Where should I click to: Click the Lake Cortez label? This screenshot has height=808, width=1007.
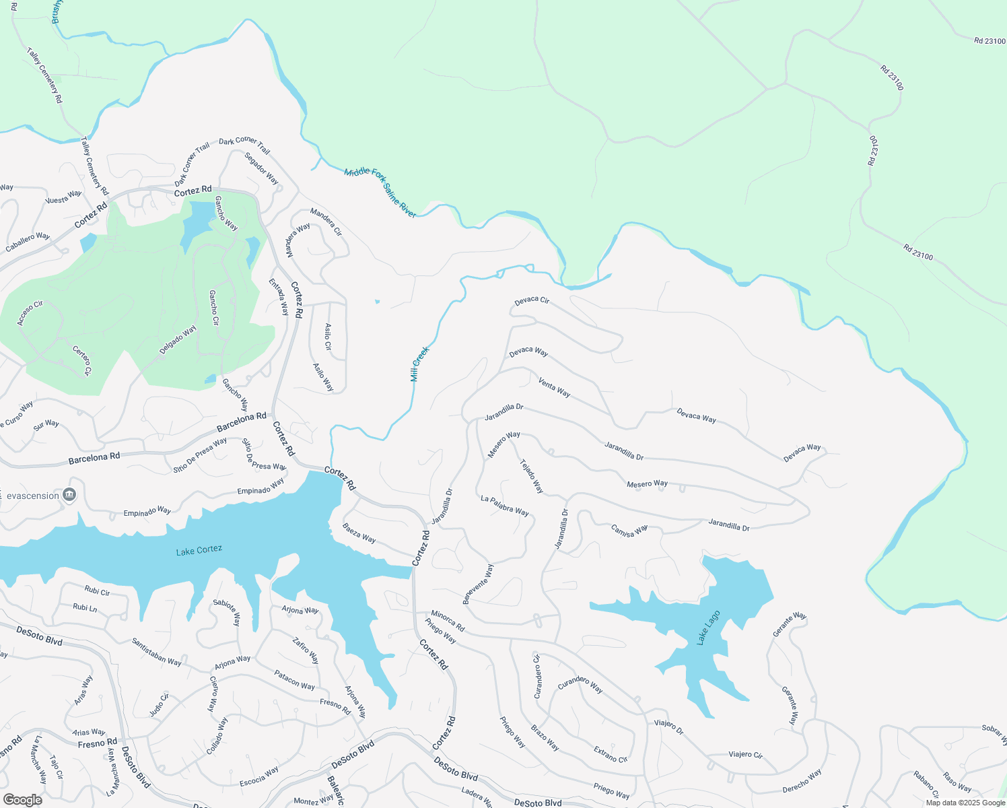199,551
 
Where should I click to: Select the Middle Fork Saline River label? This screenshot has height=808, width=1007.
380,193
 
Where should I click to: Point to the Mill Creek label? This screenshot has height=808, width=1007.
419,364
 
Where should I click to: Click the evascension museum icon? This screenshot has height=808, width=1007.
69,496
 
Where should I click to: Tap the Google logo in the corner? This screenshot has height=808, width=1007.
22,800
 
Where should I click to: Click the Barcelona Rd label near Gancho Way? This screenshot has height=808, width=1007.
241,422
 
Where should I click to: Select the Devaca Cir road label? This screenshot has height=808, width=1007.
532,301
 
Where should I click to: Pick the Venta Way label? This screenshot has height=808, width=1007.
554,387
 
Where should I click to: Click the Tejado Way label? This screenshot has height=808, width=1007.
532,476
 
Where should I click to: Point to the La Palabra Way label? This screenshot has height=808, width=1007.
504,506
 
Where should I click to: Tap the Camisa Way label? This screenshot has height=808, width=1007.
629,531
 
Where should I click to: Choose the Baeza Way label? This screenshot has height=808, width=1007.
359,533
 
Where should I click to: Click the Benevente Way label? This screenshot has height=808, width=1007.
478,584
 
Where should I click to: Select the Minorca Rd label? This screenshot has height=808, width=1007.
448,621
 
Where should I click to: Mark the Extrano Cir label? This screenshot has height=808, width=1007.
611,754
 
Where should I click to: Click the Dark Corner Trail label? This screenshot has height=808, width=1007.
244,145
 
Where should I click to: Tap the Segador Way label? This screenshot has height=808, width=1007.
261,168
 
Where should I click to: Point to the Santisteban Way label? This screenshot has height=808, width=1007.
156,652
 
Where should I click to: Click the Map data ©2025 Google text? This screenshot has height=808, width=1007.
965,802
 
